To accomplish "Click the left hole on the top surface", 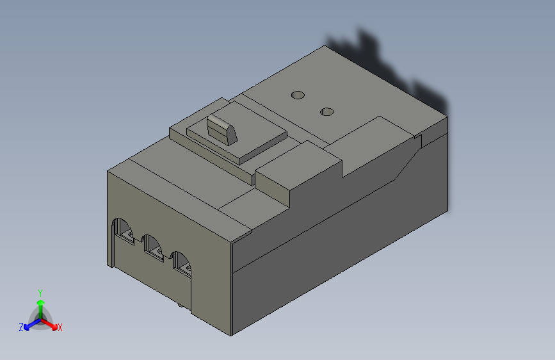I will (x=297, y=95).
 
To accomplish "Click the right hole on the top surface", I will (x=327, y=112).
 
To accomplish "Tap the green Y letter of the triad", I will (x=40, y=291).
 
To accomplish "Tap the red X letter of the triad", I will (x=60, y=327).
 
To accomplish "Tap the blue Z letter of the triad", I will (x=20, y=327).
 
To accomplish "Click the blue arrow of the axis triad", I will (x=29, y=324).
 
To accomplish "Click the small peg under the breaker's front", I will (x=180, y=306).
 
